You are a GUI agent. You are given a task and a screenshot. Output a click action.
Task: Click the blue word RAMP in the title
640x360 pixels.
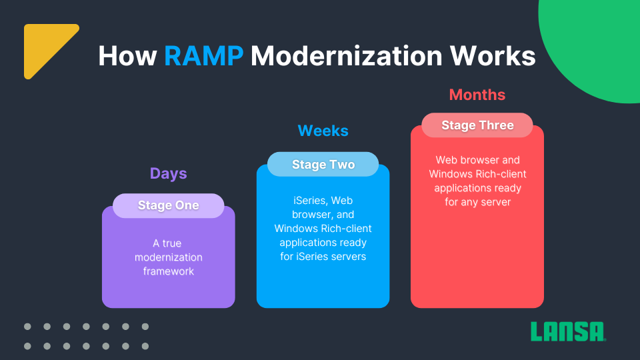pos(204,55)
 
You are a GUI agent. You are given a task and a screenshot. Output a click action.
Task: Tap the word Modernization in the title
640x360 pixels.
pos(347,55)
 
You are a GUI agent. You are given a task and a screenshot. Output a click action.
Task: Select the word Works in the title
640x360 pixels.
pos(493,55)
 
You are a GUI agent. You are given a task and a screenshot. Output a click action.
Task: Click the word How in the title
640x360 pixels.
pos(128,55)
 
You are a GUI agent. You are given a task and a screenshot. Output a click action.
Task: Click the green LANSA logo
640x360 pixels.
pos(568,331)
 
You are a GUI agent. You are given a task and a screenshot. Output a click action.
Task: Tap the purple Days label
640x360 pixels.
pos(168,173)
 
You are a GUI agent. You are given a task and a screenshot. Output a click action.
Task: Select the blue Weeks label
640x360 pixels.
pos(323,131)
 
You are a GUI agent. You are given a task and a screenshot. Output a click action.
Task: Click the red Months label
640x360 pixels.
pos(477,95)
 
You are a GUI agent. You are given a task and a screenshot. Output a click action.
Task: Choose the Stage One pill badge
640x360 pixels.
pos(168,205)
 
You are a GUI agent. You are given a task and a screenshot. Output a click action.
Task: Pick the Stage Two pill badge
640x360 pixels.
pos(323,164)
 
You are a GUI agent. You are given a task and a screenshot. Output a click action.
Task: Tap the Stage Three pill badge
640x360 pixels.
pos(477,125)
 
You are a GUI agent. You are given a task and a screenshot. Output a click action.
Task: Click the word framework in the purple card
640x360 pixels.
pos(168,271)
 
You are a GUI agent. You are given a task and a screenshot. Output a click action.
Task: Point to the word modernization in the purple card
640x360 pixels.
pos(168,257)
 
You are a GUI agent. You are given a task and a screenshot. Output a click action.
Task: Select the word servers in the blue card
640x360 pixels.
pos(348,257)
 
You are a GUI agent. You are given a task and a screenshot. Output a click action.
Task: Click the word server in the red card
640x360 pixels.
pos(496,203)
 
